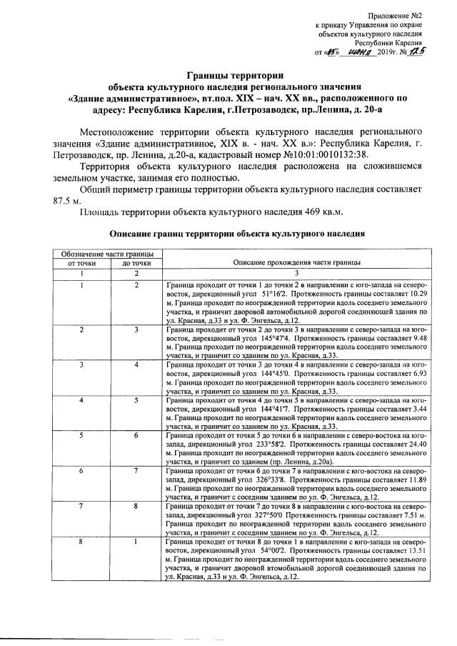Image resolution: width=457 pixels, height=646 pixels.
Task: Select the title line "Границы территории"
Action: pos(235,74)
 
